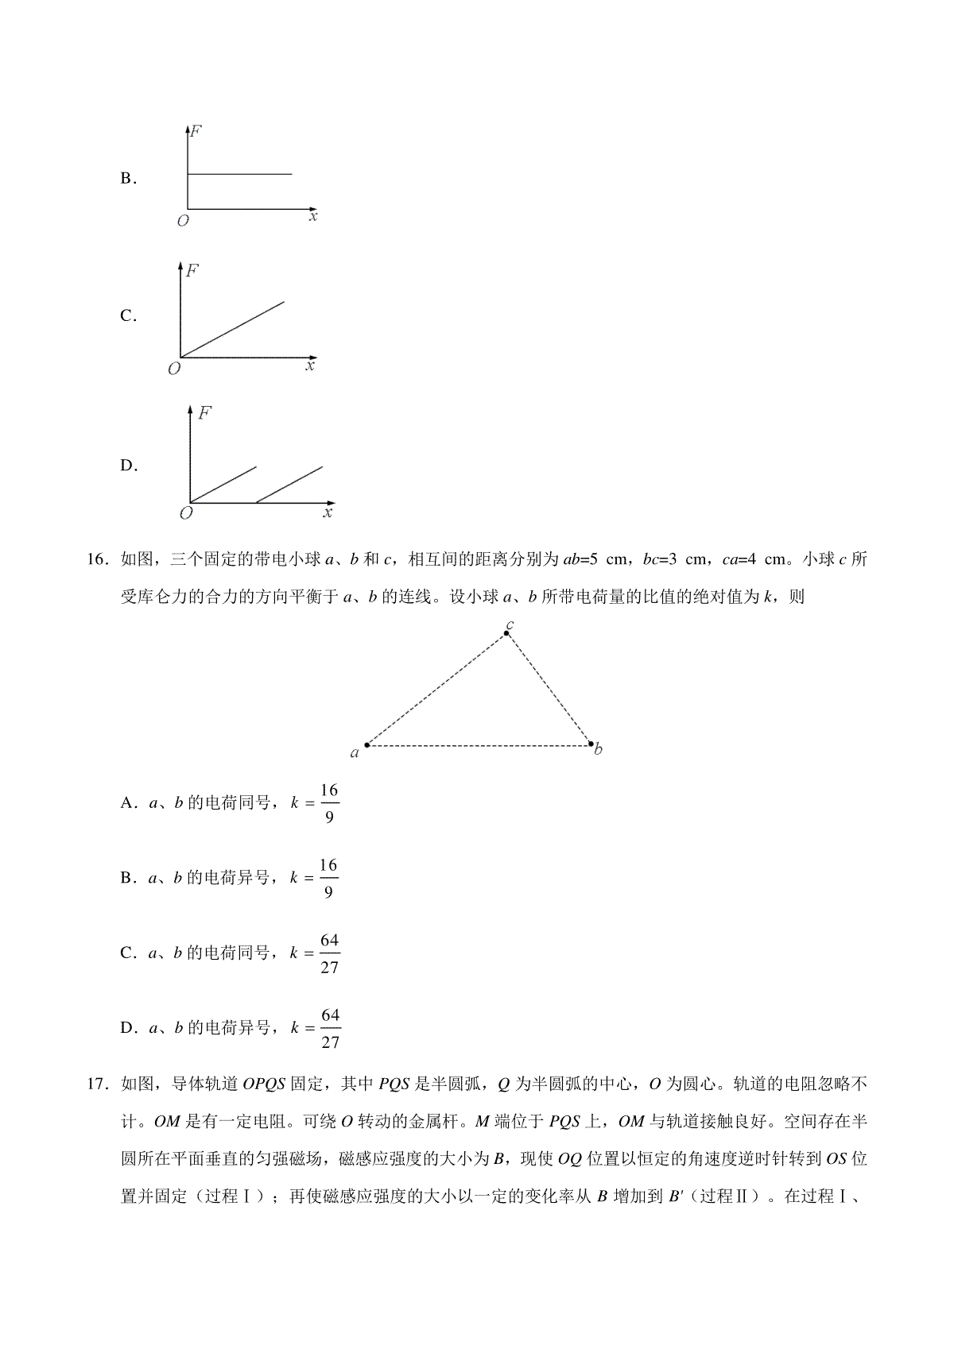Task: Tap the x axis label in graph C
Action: (x=309, y=366)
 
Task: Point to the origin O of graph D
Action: (x=186, y=513)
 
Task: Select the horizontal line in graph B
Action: (x=239, y=173)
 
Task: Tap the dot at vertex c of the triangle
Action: (x=507, y=633)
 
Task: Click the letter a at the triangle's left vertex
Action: (x=355, y=752)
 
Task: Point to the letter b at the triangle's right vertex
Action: (x=598, y=749)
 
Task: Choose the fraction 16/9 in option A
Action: (x=329, y=803)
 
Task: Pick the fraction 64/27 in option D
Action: (x=329, y=1028)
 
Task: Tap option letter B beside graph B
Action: (x=127, y=179)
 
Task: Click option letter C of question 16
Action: (x=127, y=953)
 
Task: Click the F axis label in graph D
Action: (x=205, y=413)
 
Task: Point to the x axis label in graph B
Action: (x=313, y=216)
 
